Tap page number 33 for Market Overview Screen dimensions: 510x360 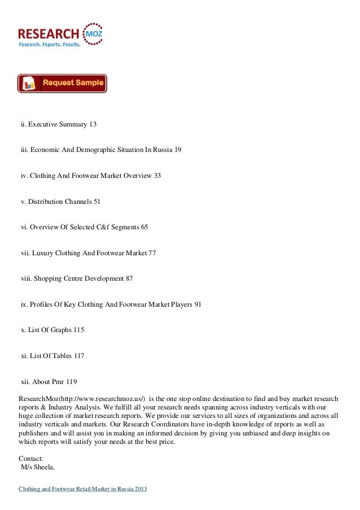click(157, 175)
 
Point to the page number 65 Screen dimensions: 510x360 click(144, 227)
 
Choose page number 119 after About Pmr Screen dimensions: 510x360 click(71, 382)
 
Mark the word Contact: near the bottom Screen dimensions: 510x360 click(30, 459)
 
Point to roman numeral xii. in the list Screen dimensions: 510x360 click(25, 382)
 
